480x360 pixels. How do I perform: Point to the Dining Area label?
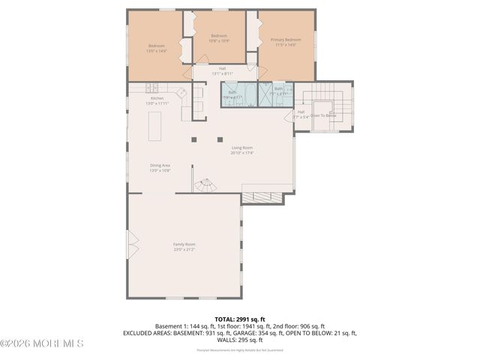pos(160,167)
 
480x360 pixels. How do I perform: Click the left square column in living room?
pos(194,139)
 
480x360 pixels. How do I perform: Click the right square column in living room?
pos(220,139)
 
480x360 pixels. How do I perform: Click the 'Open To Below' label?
pos(323,115)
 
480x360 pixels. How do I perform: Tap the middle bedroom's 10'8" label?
pos(218,40)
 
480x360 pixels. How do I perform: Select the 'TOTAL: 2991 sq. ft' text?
pos(239,319)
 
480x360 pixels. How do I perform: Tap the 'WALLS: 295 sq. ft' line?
pos(239,339)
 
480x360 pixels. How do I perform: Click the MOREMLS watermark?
pos(43,343)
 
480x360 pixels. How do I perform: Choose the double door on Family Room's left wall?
pos(132,243)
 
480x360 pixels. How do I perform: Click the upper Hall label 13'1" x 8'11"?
pos(217,70)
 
